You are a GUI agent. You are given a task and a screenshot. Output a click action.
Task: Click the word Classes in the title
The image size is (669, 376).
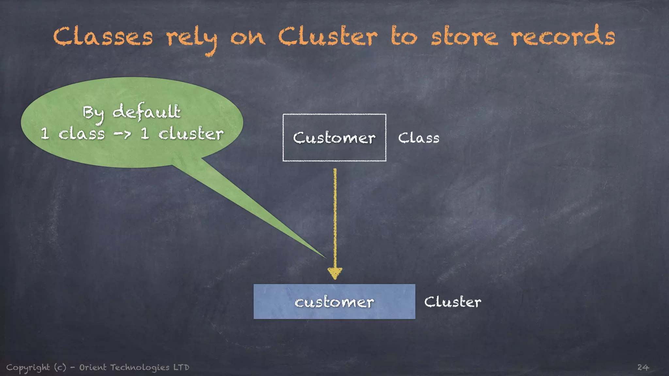tap(103, 37)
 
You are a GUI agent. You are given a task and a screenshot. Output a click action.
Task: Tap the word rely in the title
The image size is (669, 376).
tap(191, 39)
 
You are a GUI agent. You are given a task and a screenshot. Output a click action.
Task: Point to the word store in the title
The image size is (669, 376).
tap(464, 37)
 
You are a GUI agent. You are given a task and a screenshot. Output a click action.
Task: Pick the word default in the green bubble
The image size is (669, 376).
tap(146, 112)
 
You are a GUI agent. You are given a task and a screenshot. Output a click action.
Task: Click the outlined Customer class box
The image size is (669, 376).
tap(334, 137)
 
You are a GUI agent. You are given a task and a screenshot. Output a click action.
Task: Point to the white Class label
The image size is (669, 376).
tap(418, 138)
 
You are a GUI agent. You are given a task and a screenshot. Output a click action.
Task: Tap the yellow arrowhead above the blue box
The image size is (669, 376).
tap(335, 273)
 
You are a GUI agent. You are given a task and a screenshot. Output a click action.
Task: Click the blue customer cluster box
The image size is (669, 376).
tap(334, 302)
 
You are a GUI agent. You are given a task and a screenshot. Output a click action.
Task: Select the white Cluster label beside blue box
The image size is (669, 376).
tap(452, 302)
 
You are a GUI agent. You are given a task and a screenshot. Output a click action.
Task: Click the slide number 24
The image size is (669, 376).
tap(643, 368)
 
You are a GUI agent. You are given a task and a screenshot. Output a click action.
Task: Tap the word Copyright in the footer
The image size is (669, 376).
tap(28, 368)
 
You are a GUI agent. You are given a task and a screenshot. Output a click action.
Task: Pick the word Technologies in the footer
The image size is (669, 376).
tap(139, 368)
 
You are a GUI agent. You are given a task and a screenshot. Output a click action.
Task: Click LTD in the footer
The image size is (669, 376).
tap(181, 368)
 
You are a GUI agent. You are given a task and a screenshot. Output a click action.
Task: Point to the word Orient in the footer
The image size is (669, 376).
tap(93, 368)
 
